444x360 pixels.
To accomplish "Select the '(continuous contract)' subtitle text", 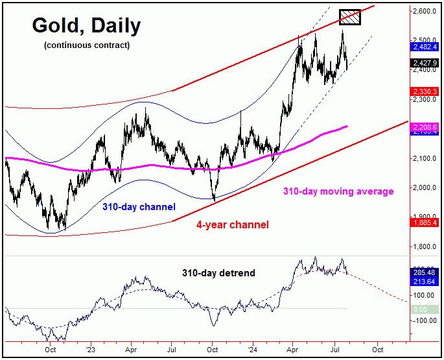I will click(86, 45).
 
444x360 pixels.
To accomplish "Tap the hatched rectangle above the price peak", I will click(350, 18).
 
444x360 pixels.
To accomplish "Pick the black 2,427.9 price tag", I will click(426, 63).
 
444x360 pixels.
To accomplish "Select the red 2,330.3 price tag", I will click(426, 91).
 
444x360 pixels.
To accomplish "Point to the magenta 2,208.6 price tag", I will click(426, 128).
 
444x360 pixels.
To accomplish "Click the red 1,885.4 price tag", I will click(426, 222).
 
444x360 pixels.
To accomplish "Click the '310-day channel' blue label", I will click(139, 208).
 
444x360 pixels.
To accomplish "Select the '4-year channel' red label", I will click(232, 225).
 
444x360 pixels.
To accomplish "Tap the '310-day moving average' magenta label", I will click(338, 191).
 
